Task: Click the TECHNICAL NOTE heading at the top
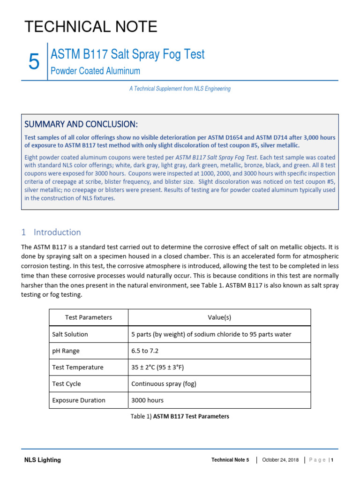91,27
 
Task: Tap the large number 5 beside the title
34,62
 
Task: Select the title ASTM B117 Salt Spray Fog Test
127,54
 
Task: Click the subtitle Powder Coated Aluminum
95,71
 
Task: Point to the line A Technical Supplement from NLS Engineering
180,89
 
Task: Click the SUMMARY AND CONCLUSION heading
81,124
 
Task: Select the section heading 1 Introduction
51,232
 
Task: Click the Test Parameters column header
89,317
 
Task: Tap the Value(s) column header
219,317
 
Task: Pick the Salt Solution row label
70,334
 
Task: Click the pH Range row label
66,351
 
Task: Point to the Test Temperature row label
78,367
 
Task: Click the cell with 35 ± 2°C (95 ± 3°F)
161,367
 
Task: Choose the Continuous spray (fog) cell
164,383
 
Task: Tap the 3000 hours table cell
147,400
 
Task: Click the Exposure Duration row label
79,400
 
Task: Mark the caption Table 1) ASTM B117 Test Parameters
180,416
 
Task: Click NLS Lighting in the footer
43,460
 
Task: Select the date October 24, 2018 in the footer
280,460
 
